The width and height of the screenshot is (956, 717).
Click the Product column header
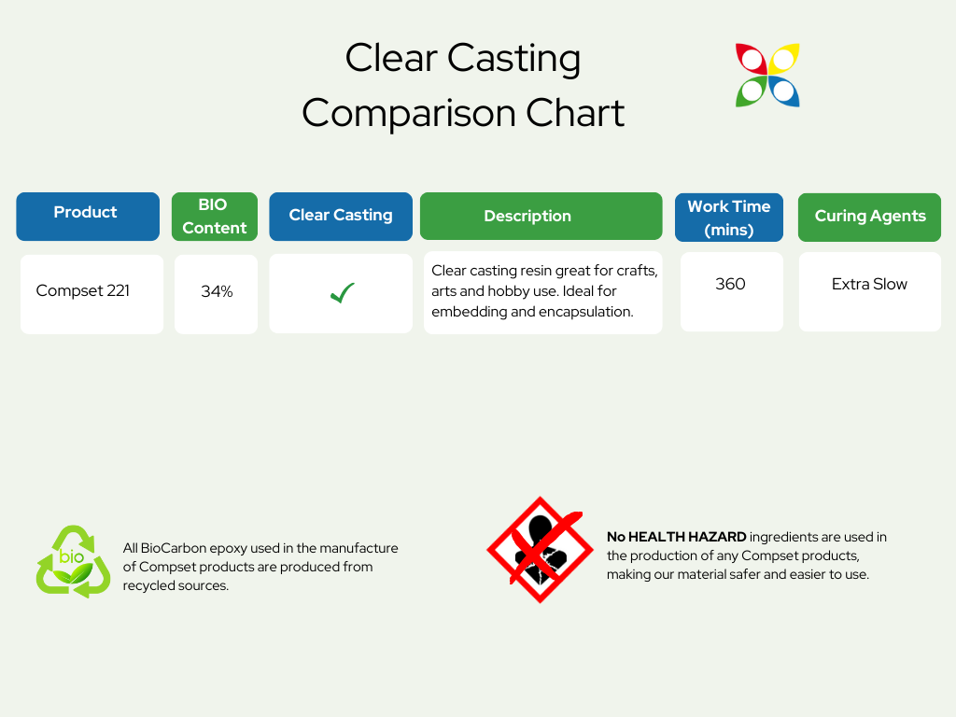[x=88, y=217]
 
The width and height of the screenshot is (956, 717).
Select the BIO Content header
[x=215, y=217]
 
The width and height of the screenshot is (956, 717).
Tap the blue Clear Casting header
[x=341, y=217]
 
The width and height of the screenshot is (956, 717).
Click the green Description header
[x=541, y=217]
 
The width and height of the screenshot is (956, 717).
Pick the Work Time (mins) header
[x=729, y=218]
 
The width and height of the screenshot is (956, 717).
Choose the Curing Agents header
[x=869, y=218]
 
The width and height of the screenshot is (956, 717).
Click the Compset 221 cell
[x=92, y=294]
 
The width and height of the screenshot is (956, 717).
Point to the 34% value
[x=217, y=291]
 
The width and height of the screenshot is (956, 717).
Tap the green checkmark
[x=342, y=293]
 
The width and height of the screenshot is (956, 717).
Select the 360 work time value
[x=730, y=284]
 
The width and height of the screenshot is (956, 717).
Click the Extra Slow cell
[x=869, y=291]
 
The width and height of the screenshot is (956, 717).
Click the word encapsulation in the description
[x=584, y=312]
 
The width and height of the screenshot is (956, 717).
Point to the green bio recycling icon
[x=73, y=561]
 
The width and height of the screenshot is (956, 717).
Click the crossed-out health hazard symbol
[x=541, y=550]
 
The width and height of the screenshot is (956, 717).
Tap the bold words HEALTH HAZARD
[x=687, y=537]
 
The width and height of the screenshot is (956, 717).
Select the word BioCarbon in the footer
[x=173, y=548]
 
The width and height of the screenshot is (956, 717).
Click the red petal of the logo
[x=752, y=59]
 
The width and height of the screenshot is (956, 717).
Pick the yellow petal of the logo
[x=784, y=59]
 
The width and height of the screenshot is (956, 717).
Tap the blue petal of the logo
[x=784, y=91]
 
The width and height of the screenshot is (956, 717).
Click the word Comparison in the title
[x=409, y=114]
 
